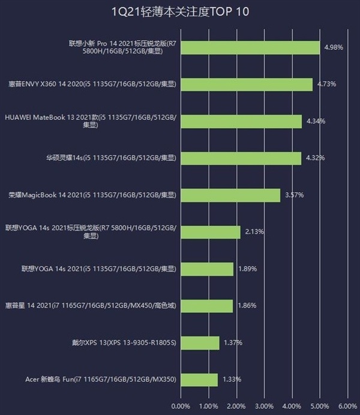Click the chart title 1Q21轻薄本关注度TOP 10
tap(181, 11)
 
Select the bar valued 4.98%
tap(250, 47)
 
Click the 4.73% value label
tap(325, 84)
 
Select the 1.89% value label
tap(247, 269)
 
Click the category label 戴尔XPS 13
tap(124, 343)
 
